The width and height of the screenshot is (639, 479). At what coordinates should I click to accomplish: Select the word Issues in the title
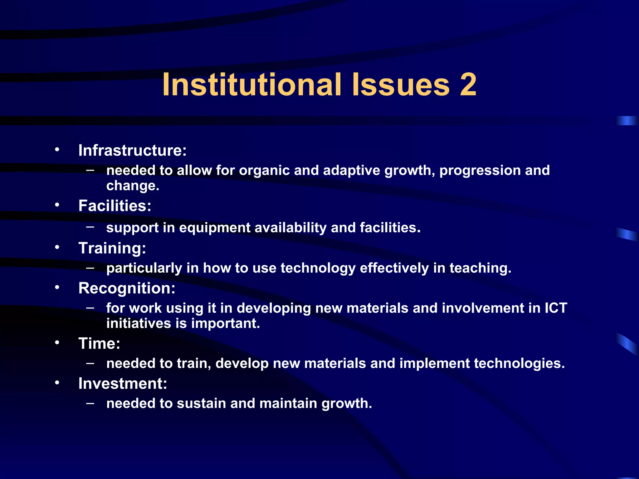coord(401,85)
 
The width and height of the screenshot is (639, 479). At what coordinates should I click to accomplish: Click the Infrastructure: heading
coord(132,150)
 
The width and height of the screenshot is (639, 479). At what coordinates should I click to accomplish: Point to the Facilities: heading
coord(115,206)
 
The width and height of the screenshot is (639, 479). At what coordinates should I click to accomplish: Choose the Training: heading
coord(112,248)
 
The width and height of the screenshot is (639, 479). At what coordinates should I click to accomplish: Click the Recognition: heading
coord(127,288)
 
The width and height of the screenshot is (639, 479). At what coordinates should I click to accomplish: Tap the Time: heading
coord(99,344)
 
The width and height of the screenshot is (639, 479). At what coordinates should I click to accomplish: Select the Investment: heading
coord(123,384)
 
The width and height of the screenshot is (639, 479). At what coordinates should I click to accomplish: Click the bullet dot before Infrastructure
coord(57,150)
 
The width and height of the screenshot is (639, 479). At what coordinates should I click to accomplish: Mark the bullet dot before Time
coord(57,343)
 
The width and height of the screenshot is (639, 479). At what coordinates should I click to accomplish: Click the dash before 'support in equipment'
coord(90,227)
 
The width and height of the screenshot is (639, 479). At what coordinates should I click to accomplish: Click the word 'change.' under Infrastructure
coord(133,186)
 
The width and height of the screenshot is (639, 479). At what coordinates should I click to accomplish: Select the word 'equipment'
coord(215,228)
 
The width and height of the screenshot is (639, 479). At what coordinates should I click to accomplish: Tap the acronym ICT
coord(556,308)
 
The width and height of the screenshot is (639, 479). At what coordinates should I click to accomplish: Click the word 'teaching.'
coord(480,268)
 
